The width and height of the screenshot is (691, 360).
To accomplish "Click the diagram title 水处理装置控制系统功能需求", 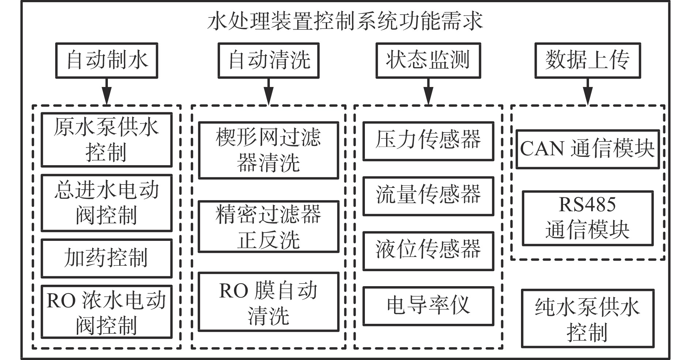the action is tap(345, 22).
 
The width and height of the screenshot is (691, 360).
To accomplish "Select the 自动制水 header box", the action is tap(106, 61).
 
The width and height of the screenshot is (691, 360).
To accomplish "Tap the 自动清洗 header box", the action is tap(269, 61).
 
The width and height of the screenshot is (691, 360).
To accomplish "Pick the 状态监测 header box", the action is tap(428, 61).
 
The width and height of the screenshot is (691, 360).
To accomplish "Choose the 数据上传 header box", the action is tap(588, 61).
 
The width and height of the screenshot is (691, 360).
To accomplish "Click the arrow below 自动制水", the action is tap(106, 92).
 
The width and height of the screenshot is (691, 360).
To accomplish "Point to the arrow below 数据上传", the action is tap(588, 92).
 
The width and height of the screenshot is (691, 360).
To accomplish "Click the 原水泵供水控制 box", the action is tap(106, 140).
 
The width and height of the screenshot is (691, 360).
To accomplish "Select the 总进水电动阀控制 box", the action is tap(106, 203).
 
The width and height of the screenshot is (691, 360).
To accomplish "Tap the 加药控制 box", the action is tap(106, 258).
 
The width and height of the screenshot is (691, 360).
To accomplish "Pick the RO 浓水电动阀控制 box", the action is tap(106, 312).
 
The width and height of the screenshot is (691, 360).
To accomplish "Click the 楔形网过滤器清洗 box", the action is tap(269, 151).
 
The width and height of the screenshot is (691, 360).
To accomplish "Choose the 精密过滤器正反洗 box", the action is tap(269, 227).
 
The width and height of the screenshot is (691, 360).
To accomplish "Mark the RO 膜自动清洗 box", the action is tap(269, 302).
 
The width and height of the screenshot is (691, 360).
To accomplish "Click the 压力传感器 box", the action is tap(428, 141).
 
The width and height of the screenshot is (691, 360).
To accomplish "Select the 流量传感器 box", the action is tap(428, 196).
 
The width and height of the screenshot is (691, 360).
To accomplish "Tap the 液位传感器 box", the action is tap(428, 251).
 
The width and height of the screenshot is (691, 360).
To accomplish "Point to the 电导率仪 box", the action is tap(428, 306).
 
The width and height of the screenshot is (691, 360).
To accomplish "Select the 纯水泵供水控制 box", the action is tap(588, 318).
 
